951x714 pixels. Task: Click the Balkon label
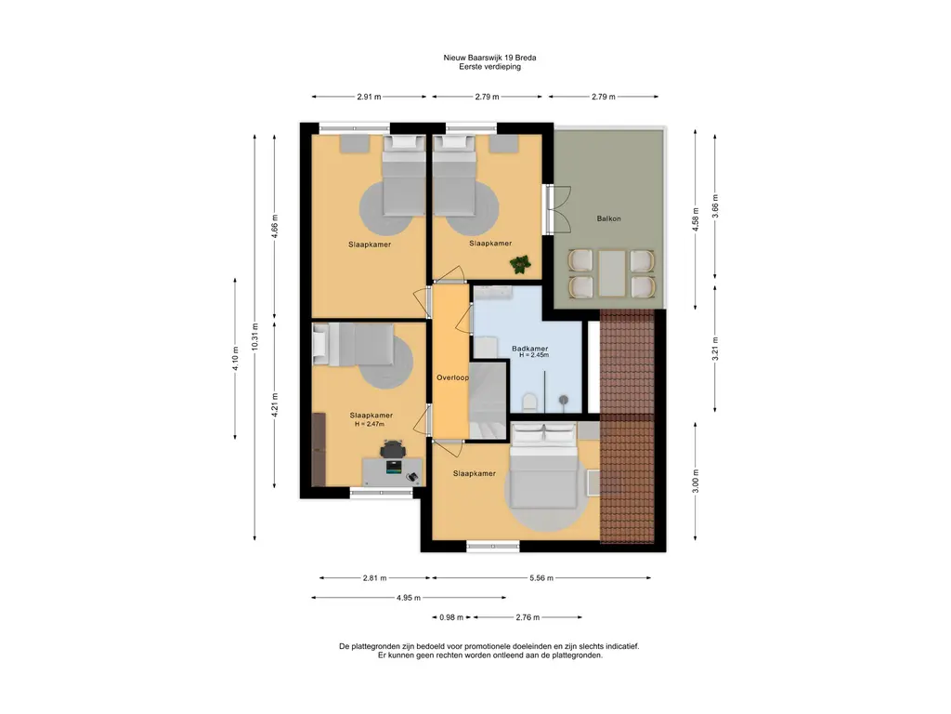pyautogui.click(x=608, y=218)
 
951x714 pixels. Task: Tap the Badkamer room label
pyautogui.click(x=529, y=349)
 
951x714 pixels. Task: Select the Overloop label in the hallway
pyautogui.click(x=452, y=377)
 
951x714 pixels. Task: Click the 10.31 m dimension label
pyautogui.click(x=254, y=336)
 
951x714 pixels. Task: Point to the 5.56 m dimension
pyautogui.click(x=541, y=578)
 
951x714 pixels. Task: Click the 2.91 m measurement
pyautogui.click(x=369, y=97)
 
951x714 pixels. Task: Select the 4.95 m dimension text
pyautogui.click(x=409, y=598)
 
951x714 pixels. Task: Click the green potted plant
pyautogui.click(x=520, y=264)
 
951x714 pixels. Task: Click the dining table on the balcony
pyautogui.click(x=611, y=273)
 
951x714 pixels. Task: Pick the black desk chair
pyautogui.click(x=393, y=449)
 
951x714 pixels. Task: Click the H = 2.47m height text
pyautogui.click(x=370, y=424)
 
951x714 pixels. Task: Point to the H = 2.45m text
pyautogui.click(x=534, y=355)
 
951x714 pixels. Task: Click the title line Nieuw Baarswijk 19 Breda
pyautogui.click(x=489, y=58)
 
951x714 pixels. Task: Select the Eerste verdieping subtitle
pyautogui.click(x=489, y=67)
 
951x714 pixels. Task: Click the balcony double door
pyautogui.click(x=557, y=209)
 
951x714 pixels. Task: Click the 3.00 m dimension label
pyautogui.click(x=696, y=481)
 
